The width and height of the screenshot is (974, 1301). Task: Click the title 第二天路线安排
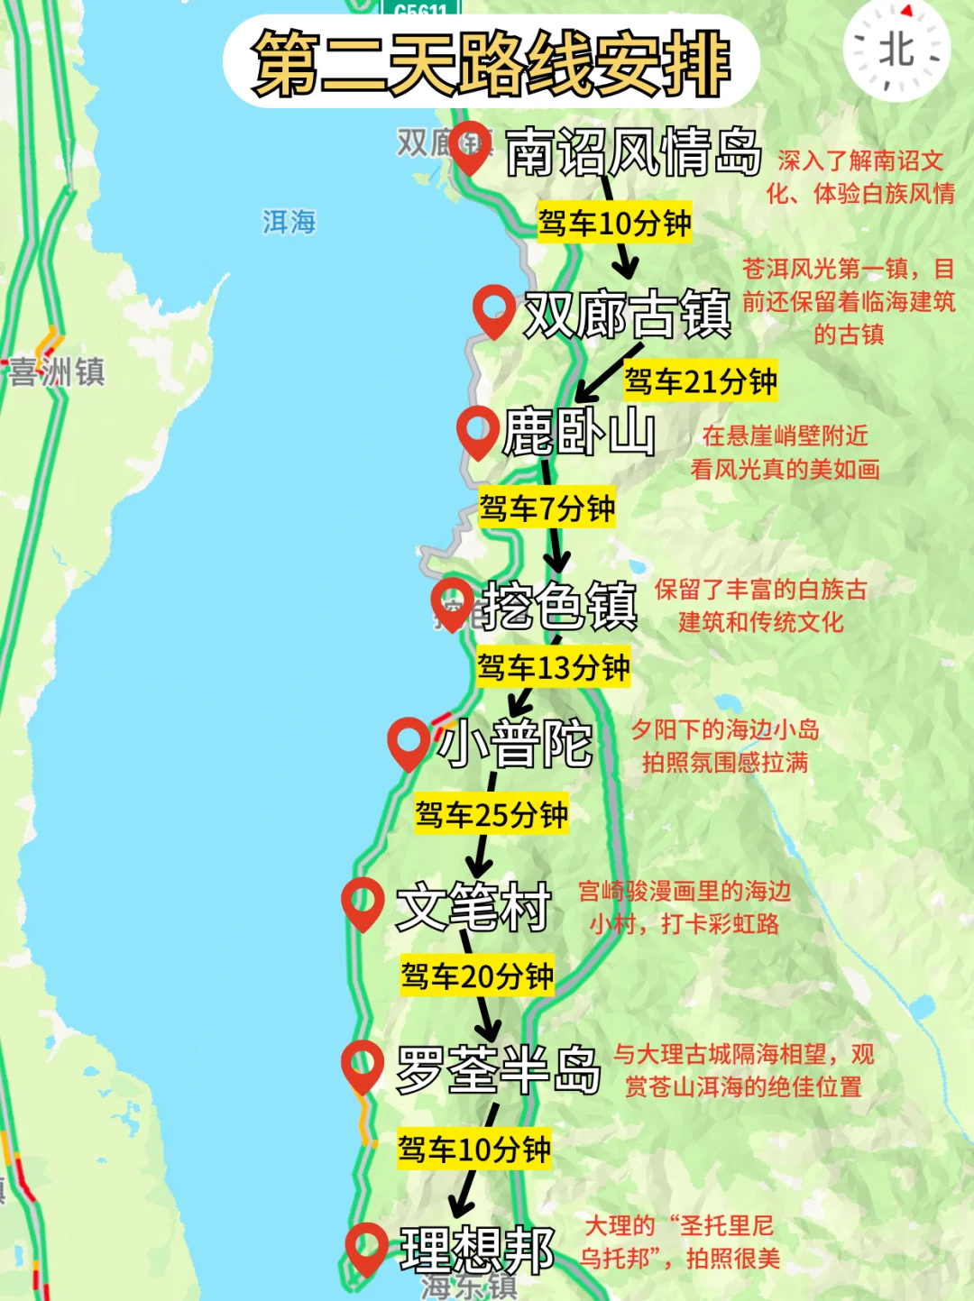[492, 61]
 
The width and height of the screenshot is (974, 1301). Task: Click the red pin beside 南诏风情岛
[470, 145]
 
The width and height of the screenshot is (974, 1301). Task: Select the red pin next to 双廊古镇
[494, 309]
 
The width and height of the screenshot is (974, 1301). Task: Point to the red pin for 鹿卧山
[478, 431]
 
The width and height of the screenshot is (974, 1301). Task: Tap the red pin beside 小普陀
[409, 742]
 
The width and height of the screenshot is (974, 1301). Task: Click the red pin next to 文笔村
[363, 902]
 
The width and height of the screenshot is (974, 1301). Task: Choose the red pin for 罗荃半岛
[363, 1066]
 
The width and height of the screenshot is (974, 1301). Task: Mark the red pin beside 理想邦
[366, 1247]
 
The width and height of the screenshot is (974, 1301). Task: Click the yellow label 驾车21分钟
[700, 381]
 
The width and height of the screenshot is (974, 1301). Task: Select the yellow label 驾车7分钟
[547, 508]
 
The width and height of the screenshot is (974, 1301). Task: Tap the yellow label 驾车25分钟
[492, 815]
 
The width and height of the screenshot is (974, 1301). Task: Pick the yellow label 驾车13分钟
[553, 668]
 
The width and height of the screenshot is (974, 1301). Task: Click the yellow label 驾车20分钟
[477, 976]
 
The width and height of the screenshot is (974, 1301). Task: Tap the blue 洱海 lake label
[289, 222]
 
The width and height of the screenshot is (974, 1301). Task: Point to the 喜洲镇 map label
[58, 371]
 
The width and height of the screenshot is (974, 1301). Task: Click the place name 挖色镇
[560, 605]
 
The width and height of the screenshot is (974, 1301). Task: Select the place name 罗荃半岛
[499, 1070]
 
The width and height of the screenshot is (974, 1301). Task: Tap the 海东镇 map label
[469, 1287]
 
